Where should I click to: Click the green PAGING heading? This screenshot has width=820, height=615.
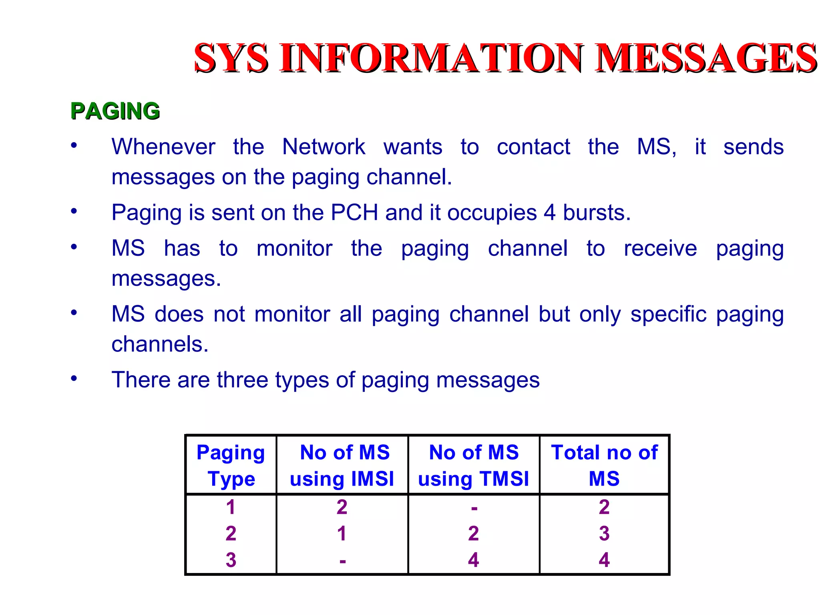coord(115,111)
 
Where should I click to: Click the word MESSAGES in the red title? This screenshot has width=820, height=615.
coord(705,58)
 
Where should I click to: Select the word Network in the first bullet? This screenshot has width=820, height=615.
coord(324,147)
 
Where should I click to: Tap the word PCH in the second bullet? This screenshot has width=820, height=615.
coord(354,212)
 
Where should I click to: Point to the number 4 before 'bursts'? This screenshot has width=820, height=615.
coord(549,212)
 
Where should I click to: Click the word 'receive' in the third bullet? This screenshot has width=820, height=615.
coord(660,248)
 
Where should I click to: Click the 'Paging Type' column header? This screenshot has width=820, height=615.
coord(231,465)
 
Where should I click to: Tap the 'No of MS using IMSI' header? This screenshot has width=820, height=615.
coord(342,465)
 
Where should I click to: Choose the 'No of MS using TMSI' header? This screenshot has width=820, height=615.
coord(474,465)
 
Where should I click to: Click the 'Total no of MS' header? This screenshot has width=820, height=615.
coord(604,465)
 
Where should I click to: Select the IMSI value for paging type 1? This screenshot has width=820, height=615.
coord(342,507)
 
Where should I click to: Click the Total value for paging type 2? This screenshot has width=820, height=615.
coord(604,533)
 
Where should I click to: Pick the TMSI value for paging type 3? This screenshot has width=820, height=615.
coord(474,560)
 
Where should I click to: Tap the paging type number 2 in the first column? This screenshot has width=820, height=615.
coord(231,533)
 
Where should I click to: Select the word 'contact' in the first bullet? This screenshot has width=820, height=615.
coord(533,147)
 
